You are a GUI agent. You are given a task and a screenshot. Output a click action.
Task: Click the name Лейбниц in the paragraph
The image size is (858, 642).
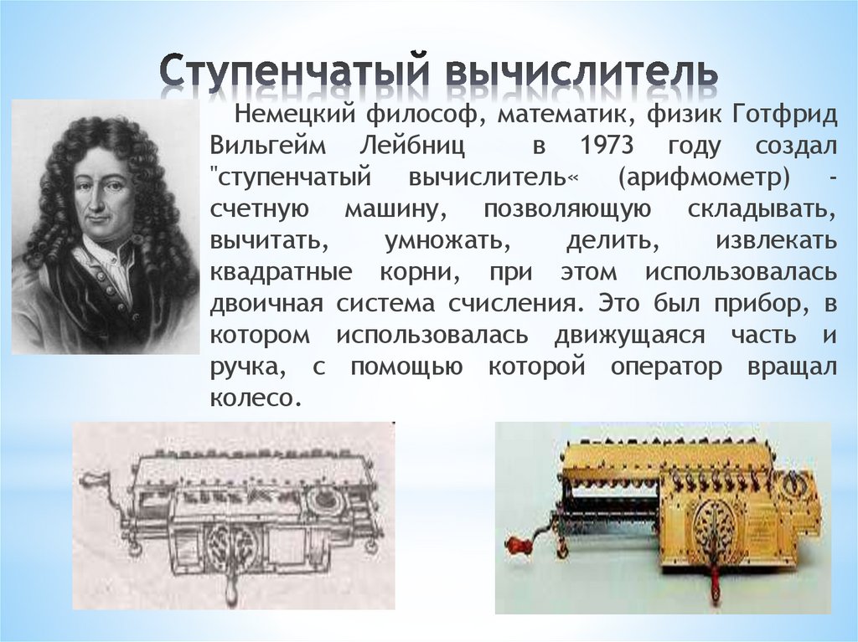[416, 146]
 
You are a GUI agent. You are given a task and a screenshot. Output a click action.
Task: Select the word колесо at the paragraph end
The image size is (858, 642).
[255, 397]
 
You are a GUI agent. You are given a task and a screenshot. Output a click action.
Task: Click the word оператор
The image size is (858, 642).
[667, 367]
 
